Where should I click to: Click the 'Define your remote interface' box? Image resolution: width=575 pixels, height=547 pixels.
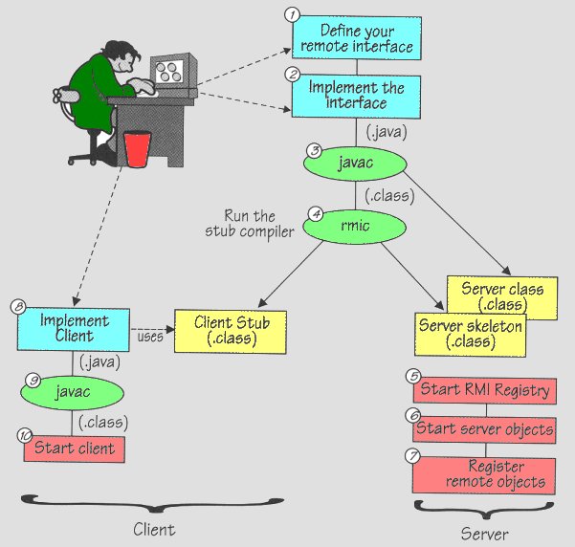[353, 38]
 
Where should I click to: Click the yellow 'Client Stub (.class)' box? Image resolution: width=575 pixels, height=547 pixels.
[232, 331]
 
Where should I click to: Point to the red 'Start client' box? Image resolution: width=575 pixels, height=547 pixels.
[74, 448]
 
